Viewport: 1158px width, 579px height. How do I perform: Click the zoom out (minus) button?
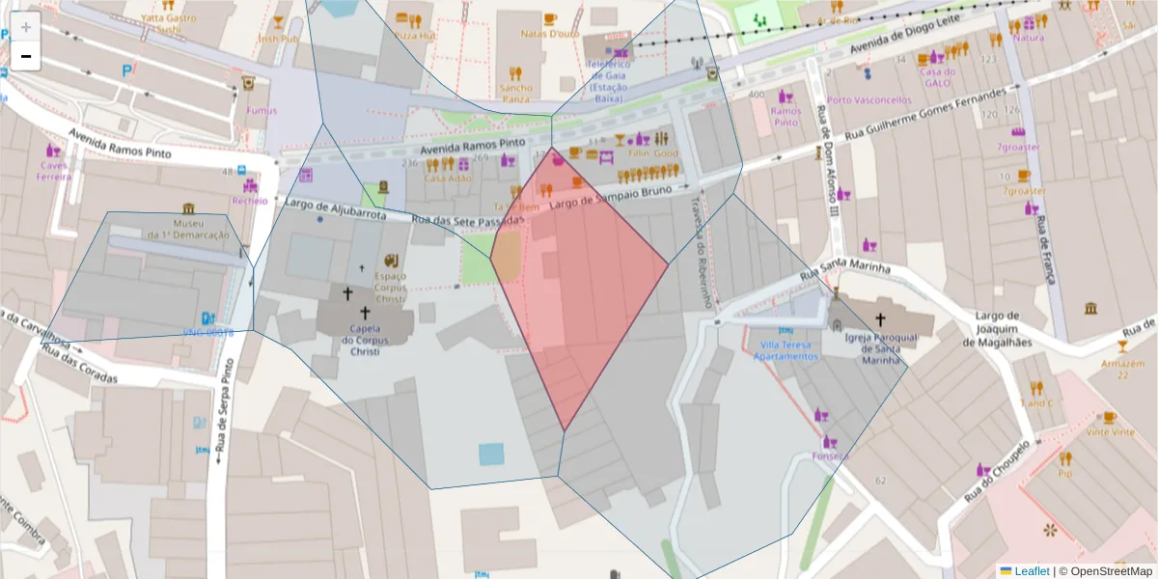click(26, 57)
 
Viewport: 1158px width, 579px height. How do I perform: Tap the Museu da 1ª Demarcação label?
click(188, 229)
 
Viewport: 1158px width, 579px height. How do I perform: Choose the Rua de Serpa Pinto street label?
click(223, 409)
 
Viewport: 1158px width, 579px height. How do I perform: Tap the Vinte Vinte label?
click(1111, 432)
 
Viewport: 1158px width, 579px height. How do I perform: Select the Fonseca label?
click(831, 455)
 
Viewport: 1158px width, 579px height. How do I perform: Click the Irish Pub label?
click(278, 39)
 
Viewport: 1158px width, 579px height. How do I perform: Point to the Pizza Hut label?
click(416, 35)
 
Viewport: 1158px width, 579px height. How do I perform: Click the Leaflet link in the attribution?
click(1032, 571)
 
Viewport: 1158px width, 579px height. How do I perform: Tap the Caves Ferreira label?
click(54, 171)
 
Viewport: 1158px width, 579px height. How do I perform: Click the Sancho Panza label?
click(516, 94)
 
